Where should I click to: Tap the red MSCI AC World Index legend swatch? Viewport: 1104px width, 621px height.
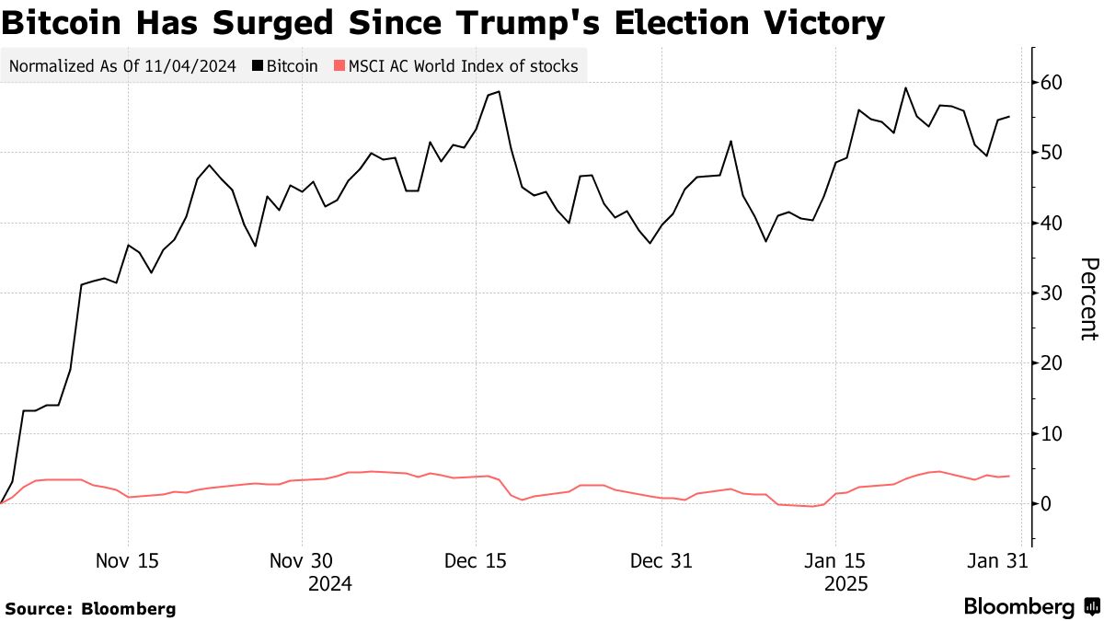[x=339, y=66]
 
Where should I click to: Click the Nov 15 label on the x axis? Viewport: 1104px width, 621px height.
[x=128, y=560]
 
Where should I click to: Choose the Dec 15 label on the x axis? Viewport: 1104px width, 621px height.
[x=475, y=560]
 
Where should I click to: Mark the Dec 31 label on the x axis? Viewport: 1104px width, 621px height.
[x=661, y=560]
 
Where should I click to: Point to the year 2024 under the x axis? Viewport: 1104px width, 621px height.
[x=329, y=584]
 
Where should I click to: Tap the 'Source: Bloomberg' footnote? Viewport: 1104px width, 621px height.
[x=90, y=608]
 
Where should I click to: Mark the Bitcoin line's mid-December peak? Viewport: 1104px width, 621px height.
[x=498, y=92]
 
